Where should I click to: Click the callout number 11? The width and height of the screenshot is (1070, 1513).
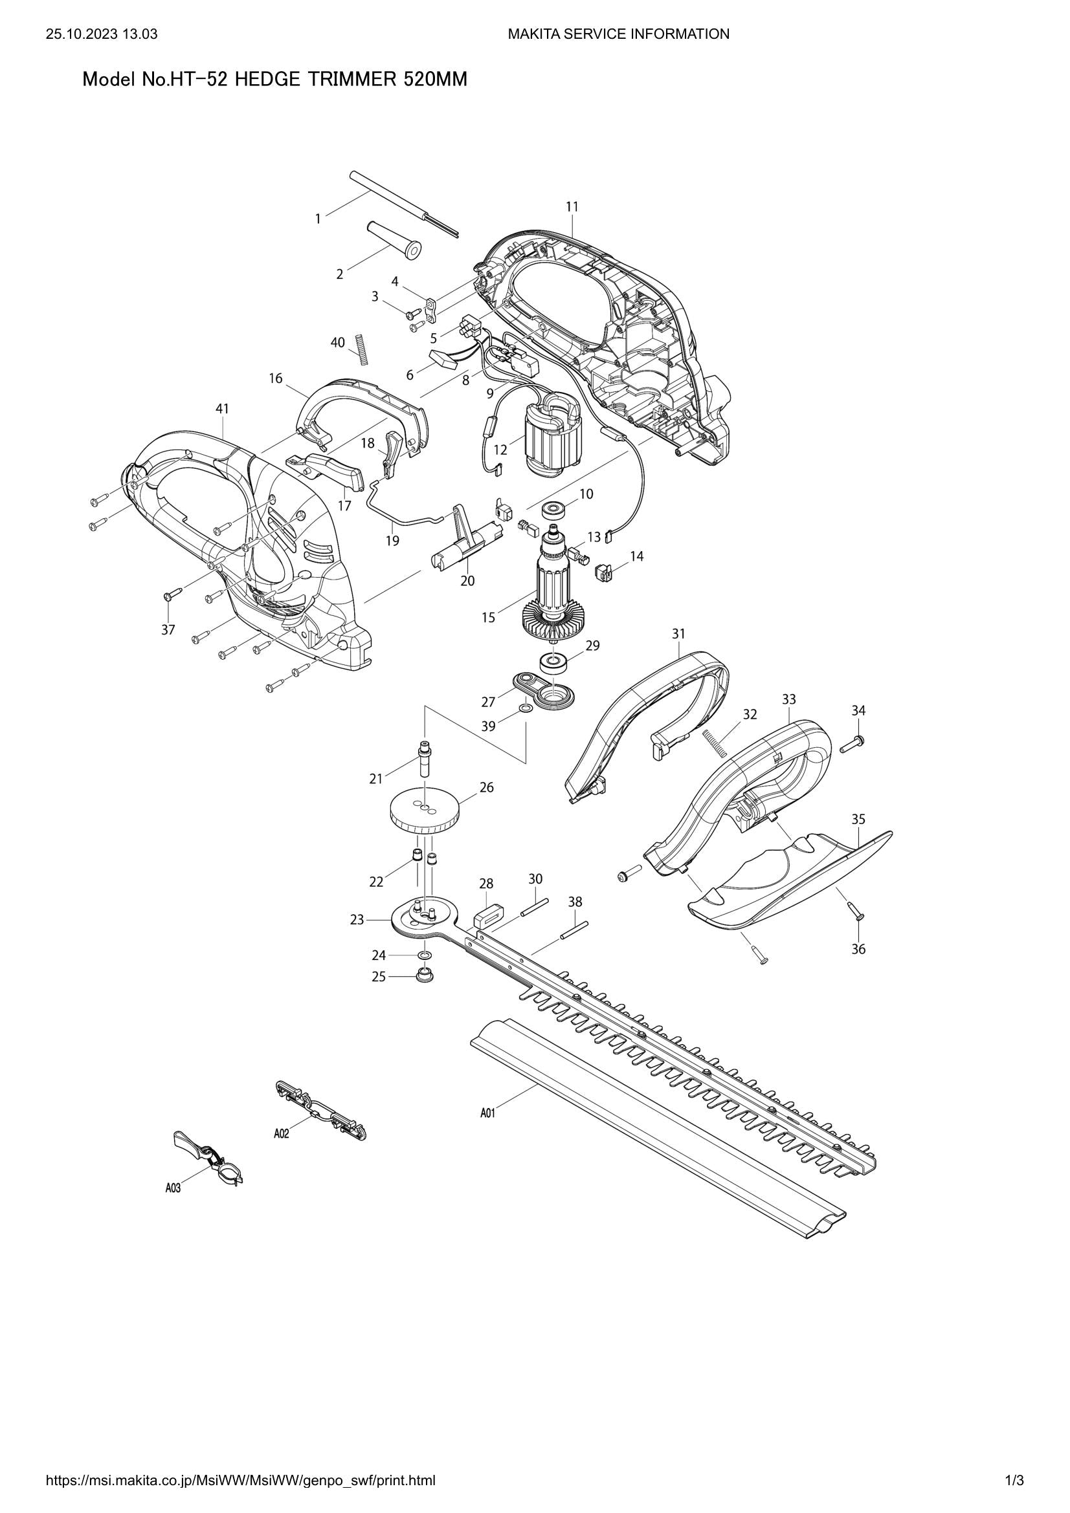pos(572,206)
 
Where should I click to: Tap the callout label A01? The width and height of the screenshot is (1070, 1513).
pos(487,1113)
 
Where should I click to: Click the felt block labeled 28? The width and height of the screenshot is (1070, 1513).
pos(489,915)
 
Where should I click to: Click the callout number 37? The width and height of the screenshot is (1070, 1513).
pos(168,629)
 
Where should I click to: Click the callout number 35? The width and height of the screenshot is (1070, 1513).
pos(858,819)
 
